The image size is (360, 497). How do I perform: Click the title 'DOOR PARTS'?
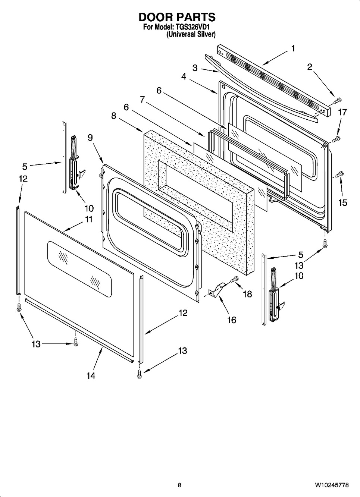point(177,17)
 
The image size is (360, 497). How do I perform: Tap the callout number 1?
point(293,48)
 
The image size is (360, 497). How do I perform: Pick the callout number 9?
point(90,137)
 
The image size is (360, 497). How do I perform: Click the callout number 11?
point(88,219)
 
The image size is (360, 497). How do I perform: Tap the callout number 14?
point(91,375)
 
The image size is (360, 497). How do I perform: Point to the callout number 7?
point(142,100)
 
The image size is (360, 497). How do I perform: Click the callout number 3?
point(195,68)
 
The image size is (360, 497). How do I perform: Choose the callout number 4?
point(184,76)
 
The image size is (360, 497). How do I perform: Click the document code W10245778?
point(332,485)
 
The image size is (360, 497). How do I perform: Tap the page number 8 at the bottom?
point(179,485)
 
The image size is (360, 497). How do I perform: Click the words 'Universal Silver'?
point(191,34)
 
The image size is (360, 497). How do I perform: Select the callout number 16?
point(232,320)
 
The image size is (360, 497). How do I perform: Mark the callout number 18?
point(247,294)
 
